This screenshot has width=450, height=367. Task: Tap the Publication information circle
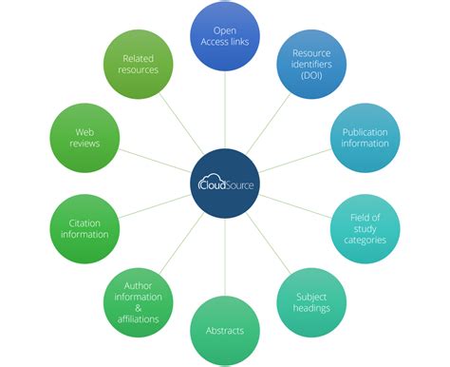click(x=365, y=137)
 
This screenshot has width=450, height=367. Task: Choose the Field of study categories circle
click(x=365, y=227)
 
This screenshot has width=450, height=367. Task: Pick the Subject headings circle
click(x=311, y=301)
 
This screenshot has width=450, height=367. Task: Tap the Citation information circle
click(x=84, y=229)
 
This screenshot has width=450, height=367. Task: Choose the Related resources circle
click(x=139, y=65)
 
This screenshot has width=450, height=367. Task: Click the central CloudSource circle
click(x=225, y=183)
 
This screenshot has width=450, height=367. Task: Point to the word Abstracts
click(x=225, y=331)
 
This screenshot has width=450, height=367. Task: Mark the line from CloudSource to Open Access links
click(x=225, y=109)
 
